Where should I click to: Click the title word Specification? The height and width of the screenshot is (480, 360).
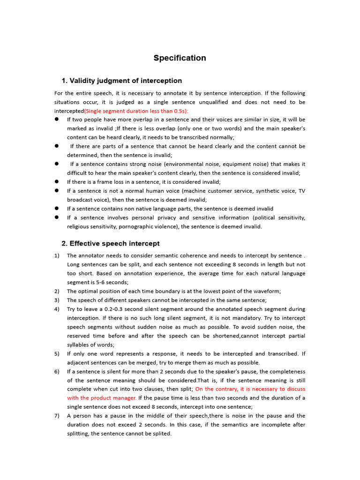click(x=180, y=58)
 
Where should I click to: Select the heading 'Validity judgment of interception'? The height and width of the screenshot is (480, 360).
click(x=126, y=81)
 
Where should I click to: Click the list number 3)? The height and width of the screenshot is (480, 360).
click(x=57, y=300)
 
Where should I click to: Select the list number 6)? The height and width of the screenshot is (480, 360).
click(x=57, y=371)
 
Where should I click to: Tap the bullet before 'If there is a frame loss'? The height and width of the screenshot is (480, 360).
click(x=57, y=182)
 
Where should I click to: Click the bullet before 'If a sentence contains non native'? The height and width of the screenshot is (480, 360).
click(x=57, y=209)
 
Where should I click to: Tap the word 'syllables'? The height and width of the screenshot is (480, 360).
click(x=80, y=345)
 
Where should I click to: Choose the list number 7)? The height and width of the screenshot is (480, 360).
click(x=57, y=416)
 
